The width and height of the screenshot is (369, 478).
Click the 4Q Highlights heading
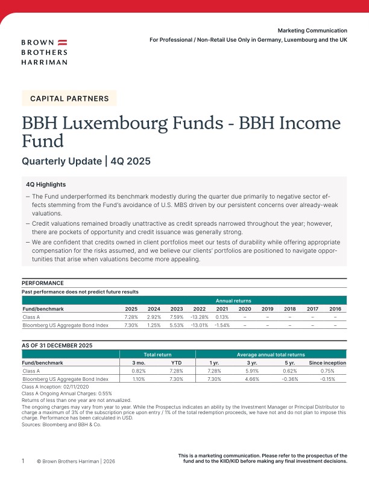46,184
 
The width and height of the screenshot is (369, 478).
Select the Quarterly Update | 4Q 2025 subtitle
86,161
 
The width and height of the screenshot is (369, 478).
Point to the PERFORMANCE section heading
43,283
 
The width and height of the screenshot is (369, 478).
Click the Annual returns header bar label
233,300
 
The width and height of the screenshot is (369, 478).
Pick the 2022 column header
199,308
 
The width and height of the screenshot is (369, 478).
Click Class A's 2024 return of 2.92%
154,317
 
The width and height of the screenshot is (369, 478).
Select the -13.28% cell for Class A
199,317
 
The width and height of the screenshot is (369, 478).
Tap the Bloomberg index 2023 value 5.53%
176,325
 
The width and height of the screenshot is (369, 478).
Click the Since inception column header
327,363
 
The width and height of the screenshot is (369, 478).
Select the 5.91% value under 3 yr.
252,371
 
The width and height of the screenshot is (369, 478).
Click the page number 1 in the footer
24,461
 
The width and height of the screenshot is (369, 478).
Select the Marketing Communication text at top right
312,30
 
